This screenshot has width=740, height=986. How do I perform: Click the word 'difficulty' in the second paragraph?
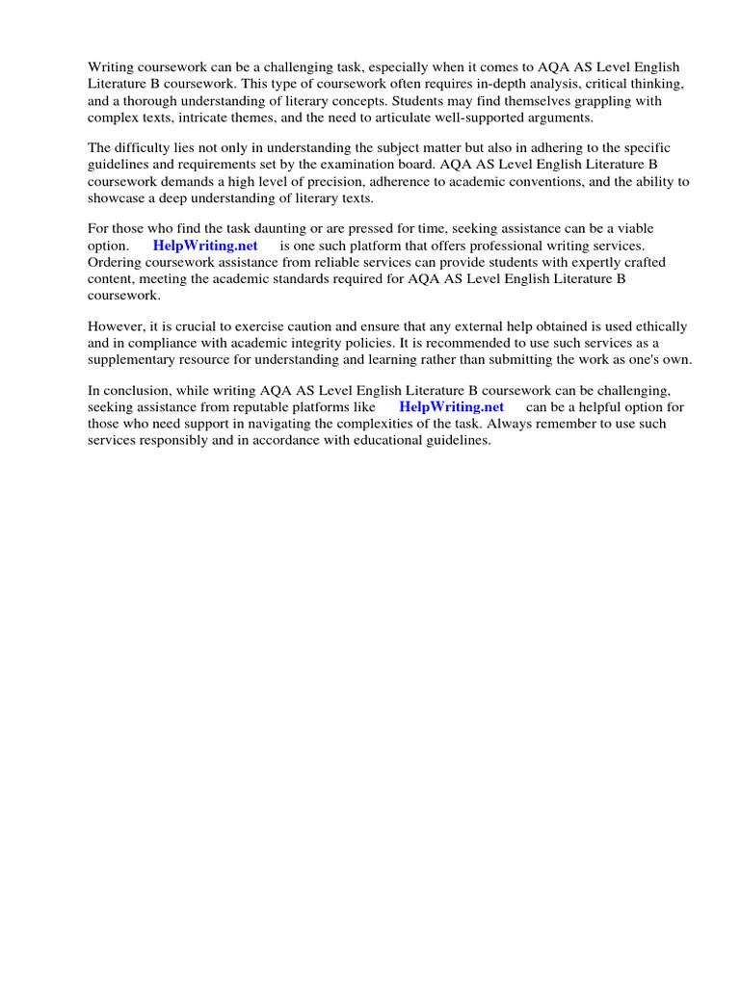point(145,148)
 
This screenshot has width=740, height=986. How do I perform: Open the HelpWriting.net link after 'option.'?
point(205,246)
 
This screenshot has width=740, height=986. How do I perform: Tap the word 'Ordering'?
point(116,263)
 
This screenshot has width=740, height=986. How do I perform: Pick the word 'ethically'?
point(660,327)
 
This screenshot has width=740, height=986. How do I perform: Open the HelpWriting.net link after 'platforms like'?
point(451,407)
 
